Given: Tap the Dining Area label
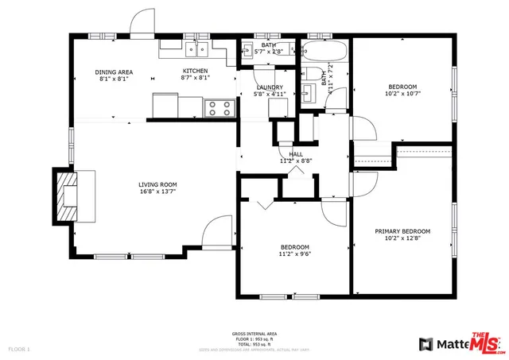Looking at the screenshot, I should [x=114, y=72].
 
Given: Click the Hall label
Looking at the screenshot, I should [x=296, y=154].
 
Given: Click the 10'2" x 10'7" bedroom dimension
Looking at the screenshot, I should [x=402, y=94].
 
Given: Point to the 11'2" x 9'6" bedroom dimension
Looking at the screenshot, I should [x=294, y=254].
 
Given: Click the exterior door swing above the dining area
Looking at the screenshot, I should [x=144, y=22].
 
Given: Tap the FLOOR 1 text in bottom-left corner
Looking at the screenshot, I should [x=18, y=349].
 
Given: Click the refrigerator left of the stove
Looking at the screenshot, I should [x=166, y=104].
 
